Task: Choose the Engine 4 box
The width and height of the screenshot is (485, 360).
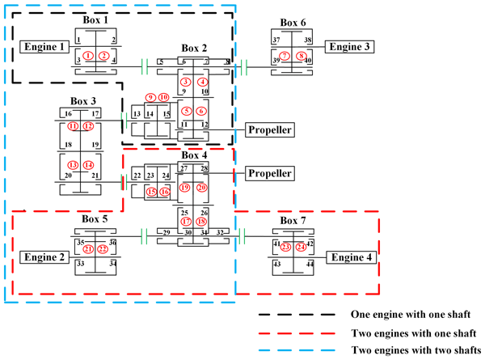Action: pyautogui.click(x=350, y=257)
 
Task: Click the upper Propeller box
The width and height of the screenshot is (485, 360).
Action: pyautogui.click(x=268, y=129)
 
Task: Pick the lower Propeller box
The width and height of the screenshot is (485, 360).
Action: pyautogui.click(x=268, y=173)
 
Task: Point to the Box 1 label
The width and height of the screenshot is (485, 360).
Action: pyautogui.click(x=95, y=18)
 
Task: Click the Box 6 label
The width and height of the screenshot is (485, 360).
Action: pyautogui.click(x=292, y=23)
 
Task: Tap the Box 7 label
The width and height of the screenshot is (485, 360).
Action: pyautogui.click(x=293, y=220)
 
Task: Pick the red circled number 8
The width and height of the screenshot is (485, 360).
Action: pyautogui.click(x=302, y=56)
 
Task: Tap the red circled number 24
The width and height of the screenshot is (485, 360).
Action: pyautogui.click(x=301, y=247)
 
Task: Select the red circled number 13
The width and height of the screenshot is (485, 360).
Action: pyautogui.click(x=74, y=165)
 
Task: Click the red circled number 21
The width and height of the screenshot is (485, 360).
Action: pyautogui.click(x=88, y=248)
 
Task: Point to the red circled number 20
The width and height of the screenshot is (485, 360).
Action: pyautogui.click(x=201, y=188)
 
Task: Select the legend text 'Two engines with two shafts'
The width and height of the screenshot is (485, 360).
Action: pyautogui.click(x=413, y=350)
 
